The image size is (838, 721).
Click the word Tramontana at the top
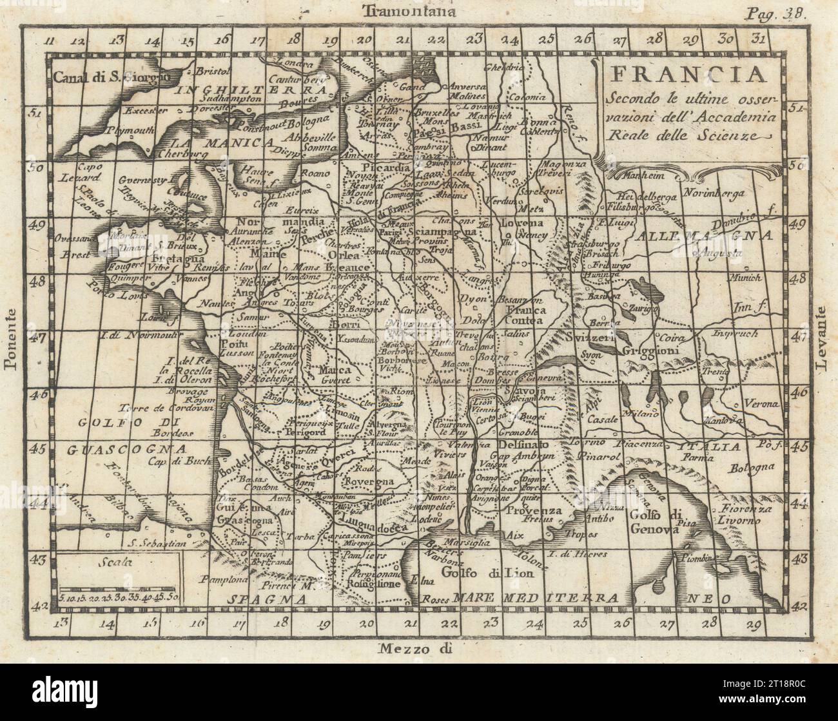409,10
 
